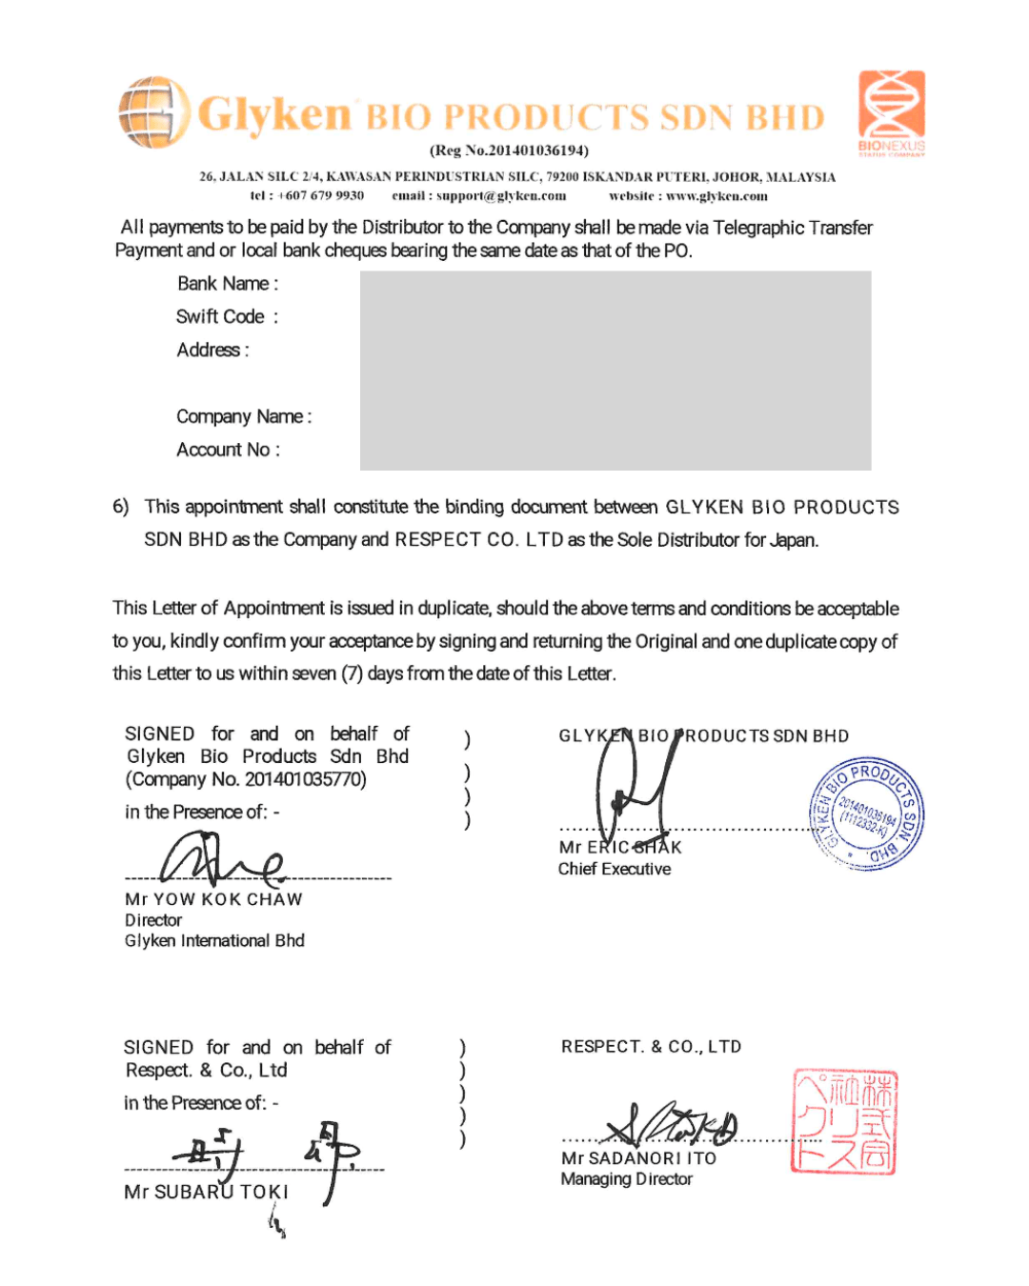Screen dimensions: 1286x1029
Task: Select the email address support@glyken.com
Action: [x=501, y=196]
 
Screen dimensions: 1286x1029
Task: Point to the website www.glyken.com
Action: [x=716, y=196]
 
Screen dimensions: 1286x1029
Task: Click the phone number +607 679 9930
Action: [x=320, y=196]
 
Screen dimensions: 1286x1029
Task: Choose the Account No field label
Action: [x=228, y=450]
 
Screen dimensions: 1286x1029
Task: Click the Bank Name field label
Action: [x=228, y=284]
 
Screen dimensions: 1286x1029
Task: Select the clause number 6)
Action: [x=121, y=507]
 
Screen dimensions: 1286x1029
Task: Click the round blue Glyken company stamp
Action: [x=867, y=814]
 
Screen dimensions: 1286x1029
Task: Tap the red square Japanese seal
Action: [x=844, y=1121]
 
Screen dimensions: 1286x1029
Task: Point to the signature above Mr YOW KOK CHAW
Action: [x=222, y=857]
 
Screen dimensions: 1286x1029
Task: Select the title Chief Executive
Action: [x=615, y=869]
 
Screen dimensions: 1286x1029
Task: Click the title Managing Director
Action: [x=626, y=1179]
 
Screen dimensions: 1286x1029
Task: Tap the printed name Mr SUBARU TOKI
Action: [x=206, y=1193]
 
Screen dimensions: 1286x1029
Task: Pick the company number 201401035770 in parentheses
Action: [x=305, y=779]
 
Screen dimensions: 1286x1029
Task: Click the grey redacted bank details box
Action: [x=615, y=371]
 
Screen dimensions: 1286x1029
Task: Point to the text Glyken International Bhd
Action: [x=214, y=941]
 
